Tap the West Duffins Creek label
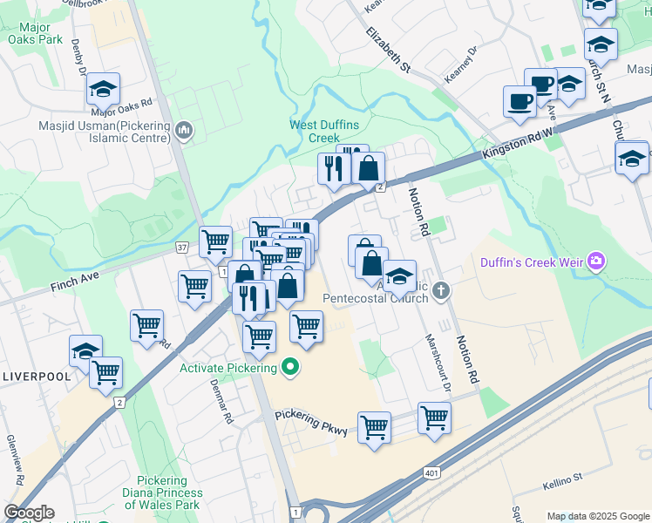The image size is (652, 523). (325, 132)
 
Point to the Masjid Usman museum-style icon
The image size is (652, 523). (183, 132)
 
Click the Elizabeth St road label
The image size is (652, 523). (388, 48)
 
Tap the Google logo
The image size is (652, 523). (28, 513)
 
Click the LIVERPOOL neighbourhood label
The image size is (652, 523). (37, 377)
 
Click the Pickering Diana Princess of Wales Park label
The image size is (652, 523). (168, 493)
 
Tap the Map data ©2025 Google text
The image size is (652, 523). (598, 516)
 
